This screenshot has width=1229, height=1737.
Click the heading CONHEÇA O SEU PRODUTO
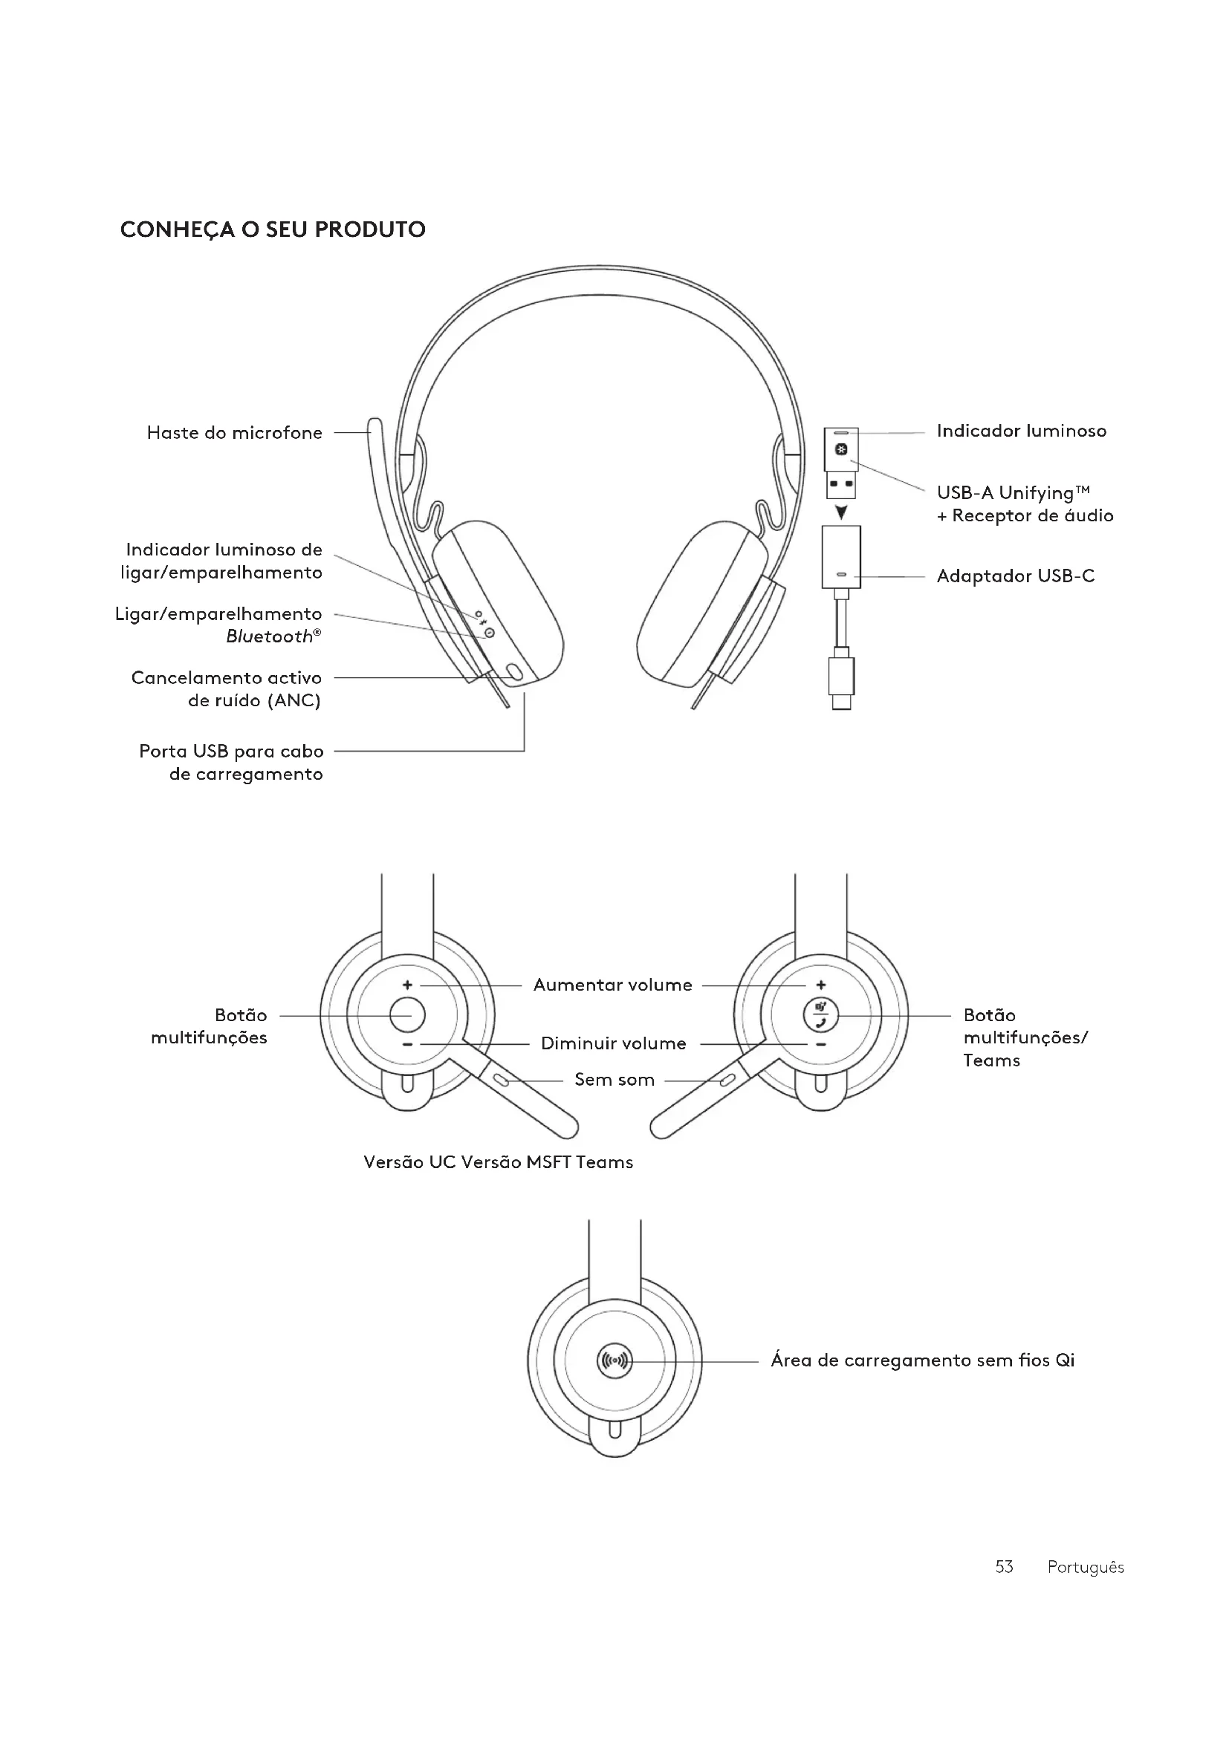[x=273, y=229]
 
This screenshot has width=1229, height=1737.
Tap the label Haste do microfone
[x=235, y=433]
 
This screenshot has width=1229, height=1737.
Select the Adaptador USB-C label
[x=1015, y=576]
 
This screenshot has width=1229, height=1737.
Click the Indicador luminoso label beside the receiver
[x=1021, y=431]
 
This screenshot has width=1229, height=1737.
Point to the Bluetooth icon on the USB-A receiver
[x=841, y=451]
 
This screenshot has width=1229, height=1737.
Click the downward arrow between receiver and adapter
[x=841, y=513]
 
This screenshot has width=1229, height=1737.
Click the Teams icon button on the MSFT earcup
[x=821, y=1015]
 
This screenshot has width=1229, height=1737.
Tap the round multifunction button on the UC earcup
[x=407, y=1014]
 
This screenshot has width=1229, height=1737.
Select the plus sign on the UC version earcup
[x=407, y=985]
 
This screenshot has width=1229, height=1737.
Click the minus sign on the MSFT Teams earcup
[x=821, y=1045]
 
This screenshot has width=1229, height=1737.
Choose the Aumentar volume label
[x=612, y=985]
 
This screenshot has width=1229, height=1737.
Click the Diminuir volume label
[x=613, y=1044]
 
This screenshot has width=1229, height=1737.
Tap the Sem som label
[x=614, y=1080]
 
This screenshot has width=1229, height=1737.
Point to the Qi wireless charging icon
[x=614, y=1361]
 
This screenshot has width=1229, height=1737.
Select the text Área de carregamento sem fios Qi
[x=921, y=1360]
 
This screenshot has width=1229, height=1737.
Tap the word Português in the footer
[x=1085, y=1567]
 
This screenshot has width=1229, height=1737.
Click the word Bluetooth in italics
[x=269, y=637]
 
